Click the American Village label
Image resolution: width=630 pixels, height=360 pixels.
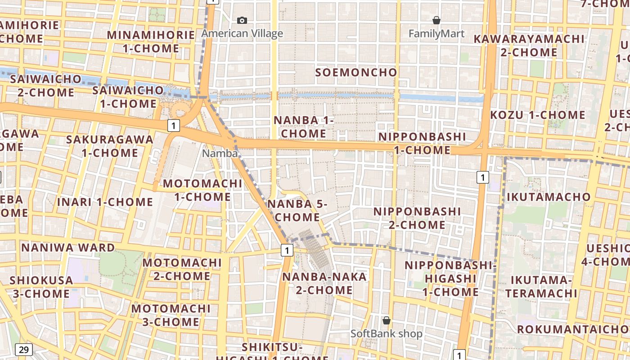[242, 33]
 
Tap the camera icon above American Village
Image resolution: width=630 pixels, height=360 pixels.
[242, 20]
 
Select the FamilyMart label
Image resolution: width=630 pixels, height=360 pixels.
[436, 33]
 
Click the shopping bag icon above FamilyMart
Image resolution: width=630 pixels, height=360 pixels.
[436, 20]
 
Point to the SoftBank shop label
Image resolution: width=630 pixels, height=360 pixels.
[386, 333]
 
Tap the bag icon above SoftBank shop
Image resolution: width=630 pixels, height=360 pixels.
[386, 320]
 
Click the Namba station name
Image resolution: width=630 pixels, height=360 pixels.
[220, 153]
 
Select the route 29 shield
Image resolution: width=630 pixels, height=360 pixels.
[24, 349]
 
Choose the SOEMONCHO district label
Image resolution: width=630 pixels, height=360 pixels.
[356, 72]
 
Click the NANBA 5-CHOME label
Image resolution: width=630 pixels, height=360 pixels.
[297, 211]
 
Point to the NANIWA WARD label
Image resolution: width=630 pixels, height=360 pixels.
[68, 247]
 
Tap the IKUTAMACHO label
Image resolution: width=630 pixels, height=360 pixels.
[549, 197]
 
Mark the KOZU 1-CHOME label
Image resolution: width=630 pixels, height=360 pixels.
[537, 115]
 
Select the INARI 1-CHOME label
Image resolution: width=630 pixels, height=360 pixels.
[105, 202]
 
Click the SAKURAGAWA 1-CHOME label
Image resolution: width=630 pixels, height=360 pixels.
[110, 146]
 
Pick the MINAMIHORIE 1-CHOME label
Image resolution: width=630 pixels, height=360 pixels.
[151, 41]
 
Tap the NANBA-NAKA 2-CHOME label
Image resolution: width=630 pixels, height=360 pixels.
[324, 283]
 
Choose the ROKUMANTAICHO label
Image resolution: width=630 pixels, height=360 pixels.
[573, 329]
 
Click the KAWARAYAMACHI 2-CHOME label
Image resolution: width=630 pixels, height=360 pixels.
[529, 45]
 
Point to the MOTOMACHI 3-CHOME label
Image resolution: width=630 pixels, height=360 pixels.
[171, 315]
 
